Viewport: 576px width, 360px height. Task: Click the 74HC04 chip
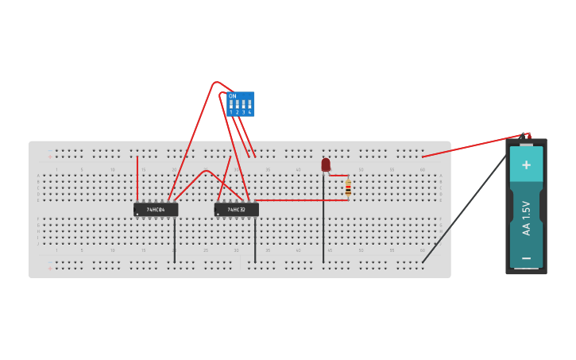tap(156, 210)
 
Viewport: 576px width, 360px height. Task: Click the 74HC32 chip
tap(236, 210)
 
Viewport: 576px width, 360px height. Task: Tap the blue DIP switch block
tap(240, 104)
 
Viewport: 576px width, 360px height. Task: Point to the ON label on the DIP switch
tap(232, 96)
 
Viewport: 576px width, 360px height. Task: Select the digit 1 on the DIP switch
tap(231, 113)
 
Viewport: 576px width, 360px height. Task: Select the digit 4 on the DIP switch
tap(249, 113)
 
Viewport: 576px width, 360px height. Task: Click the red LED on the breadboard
tap(326, 165)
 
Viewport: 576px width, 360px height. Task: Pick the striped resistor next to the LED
tap(348, 188)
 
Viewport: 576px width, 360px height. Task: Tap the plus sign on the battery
tap(526, 165)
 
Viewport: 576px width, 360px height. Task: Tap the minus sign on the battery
tap(526, 257)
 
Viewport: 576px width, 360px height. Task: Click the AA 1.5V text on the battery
tap(526, 218)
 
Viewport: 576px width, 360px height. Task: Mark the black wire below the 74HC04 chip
tap(175, 239)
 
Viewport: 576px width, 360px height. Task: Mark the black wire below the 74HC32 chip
tap(255, 239)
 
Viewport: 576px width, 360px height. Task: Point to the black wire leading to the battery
tap(465, 207)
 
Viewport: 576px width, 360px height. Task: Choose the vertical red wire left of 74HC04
tap(137, 179)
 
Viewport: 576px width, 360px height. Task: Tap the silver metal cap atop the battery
tap(526, 145)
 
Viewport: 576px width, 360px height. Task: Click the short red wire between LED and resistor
tap(339, 176)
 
